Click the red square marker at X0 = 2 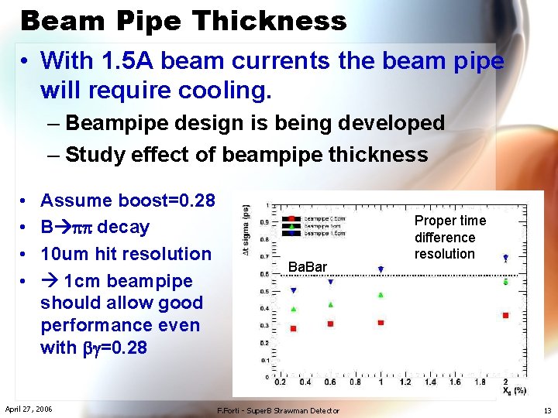tap(506, 315)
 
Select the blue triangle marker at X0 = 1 tap(381, 269)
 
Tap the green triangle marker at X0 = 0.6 tap(330, 305)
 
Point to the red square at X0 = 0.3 tap(293, 329)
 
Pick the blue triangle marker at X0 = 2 tap(506, 257)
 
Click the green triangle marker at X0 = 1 tap(381, 294)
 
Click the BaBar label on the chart tap(308, 267)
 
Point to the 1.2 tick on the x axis tap(405, 382)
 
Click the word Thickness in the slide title tap(272, 20)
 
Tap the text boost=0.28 tap(167, 200)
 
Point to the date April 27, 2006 tap(29, 408)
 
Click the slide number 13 tap(547, 410)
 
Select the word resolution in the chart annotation tap(444, 254)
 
